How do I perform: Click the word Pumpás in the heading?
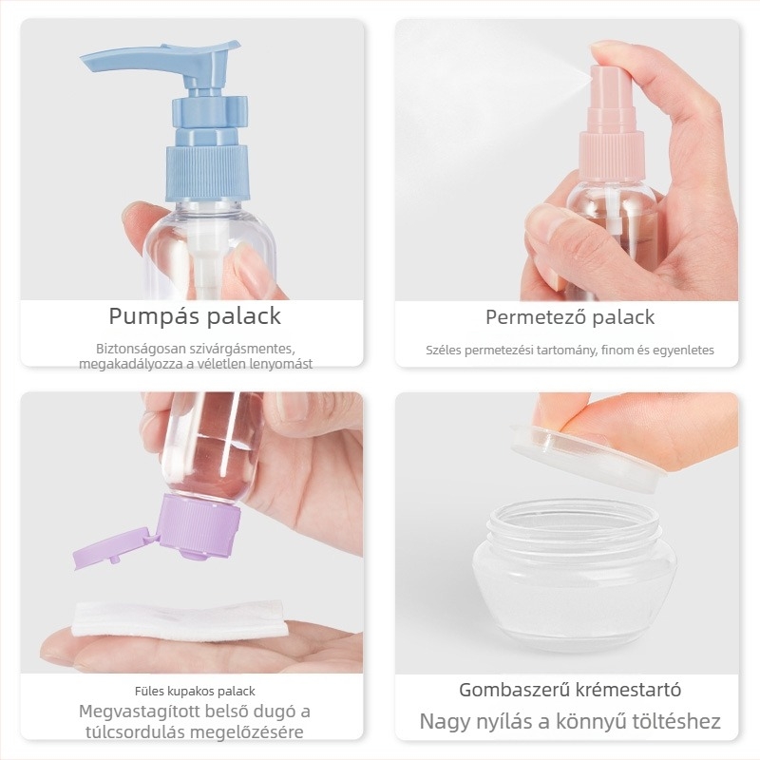pos(154,317)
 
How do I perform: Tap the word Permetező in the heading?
pos(536,317)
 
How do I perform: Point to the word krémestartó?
pos(628,690)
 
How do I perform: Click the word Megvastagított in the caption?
pos(139,712)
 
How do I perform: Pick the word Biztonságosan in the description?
pos(134,349)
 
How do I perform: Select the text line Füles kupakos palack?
pos(195,691)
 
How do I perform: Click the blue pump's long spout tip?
pos(84,61)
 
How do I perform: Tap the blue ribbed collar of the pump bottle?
pos(207,173)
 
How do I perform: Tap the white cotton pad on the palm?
pos(179,619)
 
